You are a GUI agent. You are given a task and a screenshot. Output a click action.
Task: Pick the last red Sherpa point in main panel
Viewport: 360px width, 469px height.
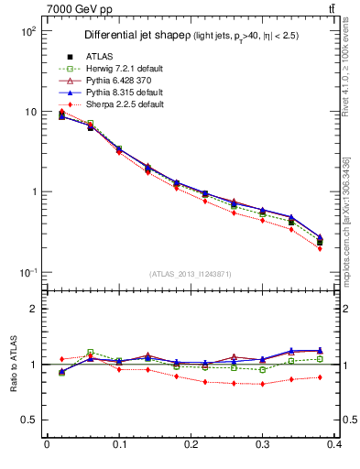pyautogui.click(x=346, y=248)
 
